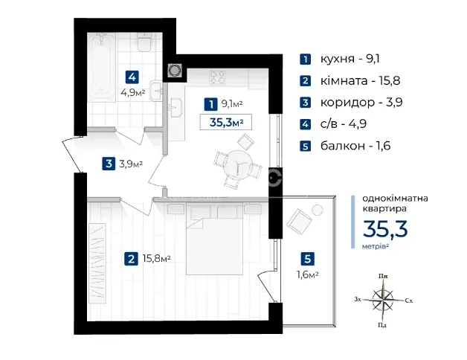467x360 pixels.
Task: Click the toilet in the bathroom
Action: [145, 42]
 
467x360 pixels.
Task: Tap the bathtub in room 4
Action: [101, 67]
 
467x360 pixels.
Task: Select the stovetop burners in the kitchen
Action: [217, 77]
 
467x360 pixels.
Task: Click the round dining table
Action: [237, 165]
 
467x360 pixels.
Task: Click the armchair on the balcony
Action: [299, 220]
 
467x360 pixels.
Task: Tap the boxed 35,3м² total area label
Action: [226, 122]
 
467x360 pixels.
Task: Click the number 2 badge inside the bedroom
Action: [131, 259]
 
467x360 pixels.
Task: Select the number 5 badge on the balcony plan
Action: [308, 258]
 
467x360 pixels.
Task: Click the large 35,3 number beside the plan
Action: [385, 229]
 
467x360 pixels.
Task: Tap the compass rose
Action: [383, 300]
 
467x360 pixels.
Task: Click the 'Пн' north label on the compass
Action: [383, 276]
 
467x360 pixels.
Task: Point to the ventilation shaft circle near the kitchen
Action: [175, 71]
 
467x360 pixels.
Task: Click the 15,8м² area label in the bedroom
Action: [157, 258]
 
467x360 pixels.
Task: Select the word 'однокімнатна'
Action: [395, 198]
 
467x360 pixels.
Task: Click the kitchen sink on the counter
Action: [175, 107]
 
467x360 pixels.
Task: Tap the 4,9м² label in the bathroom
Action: [133, 92]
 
